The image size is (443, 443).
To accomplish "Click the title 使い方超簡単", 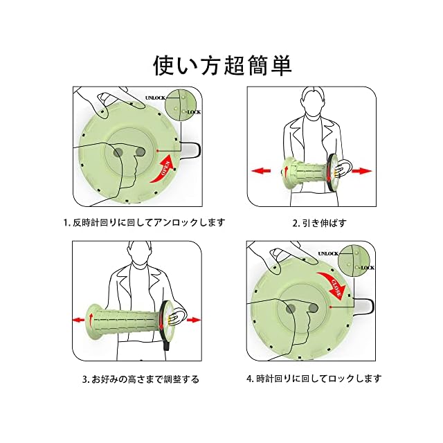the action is point(221,65).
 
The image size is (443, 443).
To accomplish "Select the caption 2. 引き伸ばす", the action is point(319,223).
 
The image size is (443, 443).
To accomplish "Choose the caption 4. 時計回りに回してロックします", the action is point(313,379).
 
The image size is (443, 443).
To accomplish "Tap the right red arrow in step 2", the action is point(361,170).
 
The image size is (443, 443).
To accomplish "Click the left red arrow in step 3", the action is point(78,318).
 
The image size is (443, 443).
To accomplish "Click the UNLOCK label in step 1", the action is point(156,98).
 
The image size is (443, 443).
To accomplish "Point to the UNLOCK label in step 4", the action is point(327,255).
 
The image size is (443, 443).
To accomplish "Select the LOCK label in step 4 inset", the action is point(368,267).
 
